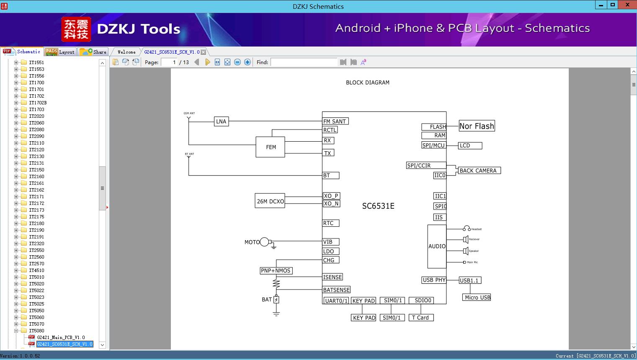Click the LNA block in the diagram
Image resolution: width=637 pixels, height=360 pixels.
[221, 122]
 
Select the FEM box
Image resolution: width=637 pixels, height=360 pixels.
[271, 147]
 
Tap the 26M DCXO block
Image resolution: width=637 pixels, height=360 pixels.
[270, 201]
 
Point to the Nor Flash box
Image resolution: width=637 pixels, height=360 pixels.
[477, 126]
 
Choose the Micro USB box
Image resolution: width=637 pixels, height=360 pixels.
[477, 298]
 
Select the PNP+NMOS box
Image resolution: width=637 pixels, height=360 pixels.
[276, 271]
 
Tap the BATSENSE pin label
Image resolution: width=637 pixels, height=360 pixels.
[336, 290]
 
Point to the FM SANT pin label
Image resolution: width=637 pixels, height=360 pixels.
[335, 122]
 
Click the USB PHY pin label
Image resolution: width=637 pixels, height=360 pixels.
[434, 280]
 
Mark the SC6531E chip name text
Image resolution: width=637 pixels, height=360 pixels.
[378, 206]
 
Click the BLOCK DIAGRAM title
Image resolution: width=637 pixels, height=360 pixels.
[367, 83]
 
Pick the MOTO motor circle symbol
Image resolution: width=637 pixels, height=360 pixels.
[264, 242]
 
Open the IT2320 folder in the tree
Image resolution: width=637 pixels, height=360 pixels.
[36, 243]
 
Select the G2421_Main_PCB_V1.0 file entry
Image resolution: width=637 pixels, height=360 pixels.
[61, 337]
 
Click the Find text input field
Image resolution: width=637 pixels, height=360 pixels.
[304, 62]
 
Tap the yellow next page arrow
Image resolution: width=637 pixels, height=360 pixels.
[207, 62]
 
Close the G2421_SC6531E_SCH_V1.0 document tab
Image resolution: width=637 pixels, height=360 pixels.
[204, 52]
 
